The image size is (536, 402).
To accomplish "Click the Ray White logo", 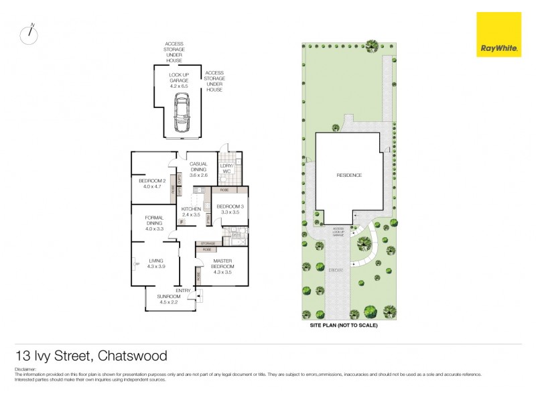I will click(x=498, y=34).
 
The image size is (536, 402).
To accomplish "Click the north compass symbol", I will click(x=29, y=35).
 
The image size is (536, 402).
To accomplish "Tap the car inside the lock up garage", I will click(x=181, y=115).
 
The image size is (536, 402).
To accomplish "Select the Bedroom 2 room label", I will click(x=152, y=184).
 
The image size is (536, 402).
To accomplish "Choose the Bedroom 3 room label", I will click(x=228, y=208).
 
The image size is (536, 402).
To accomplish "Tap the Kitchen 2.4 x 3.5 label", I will click(x=192, y=212).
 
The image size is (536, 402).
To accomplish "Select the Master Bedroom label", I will click(x=222, y=266).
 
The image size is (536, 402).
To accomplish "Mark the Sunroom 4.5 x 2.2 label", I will click(x=169, y=299).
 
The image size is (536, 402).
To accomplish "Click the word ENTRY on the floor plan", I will click(x=184, y=290).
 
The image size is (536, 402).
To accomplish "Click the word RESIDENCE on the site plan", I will click(x=349, y=176).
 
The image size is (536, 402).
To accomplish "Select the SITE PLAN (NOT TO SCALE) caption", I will click(x=344, y=325).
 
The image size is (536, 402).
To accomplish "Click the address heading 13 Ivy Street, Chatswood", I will click(x=91, y=356).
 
